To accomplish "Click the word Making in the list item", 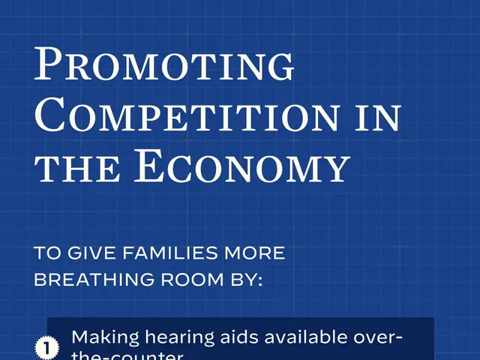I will (100, 337).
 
